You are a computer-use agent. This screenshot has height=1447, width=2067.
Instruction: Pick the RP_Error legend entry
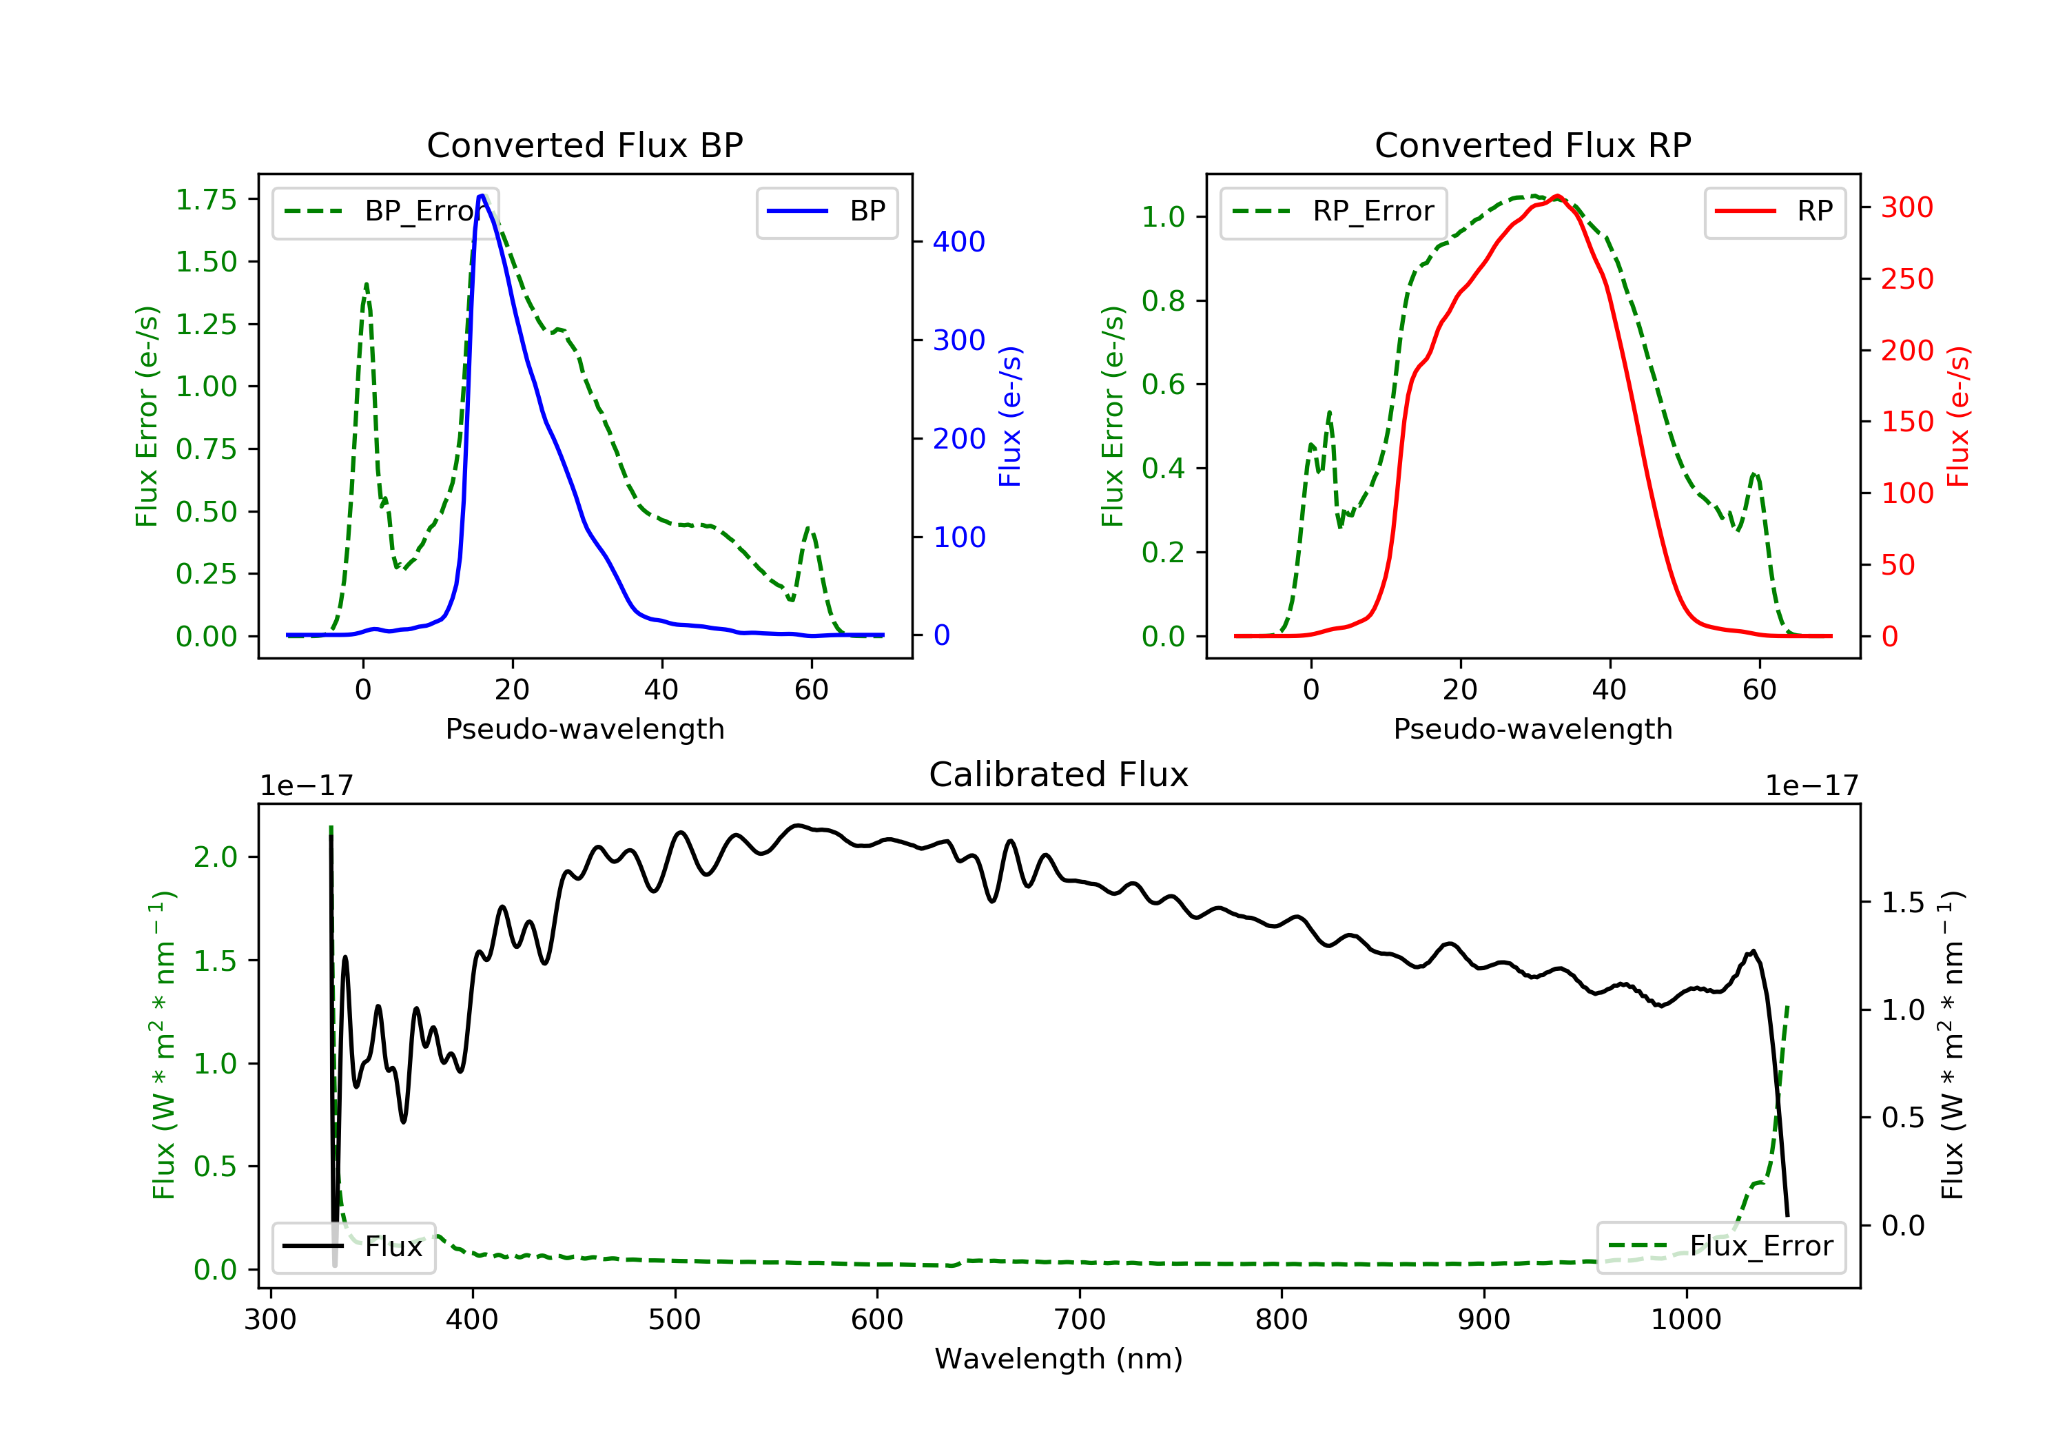point(1333,212)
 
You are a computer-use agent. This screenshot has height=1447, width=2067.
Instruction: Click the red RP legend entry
point(1774,212)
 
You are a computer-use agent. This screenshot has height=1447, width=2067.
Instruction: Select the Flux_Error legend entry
point(1720,1246)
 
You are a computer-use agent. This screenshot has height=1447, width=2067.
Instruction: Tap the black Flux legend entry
point(354,1247)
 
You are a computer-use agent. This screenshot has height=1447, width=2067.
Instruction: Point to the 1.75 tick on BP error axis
point(206,200)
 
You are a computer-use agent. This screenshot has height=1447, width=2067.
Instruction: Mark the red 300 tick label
point(1906,208)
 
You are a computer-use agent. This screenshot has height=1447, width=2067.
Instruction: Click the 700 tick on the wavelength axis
point(1080,1320)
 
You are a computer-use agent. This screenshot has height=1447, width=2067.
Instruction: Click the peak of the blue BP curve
point(482,196)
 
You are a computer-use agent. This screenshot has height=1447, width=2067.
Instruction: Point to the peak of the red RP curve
point(1557,196)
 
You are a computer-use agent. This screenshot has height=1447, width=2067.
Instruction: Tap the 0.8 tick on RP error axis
point(1163,300)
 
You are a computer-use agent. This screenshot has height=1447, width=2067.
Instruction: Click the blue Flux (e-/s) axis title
point(1010,416)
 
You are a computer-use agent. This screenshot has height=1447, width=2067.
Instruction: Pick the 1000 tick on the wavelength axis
point(1685,1320)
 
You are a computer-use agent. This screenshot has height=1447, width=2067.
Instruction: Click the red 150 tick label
point(1906,422)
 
